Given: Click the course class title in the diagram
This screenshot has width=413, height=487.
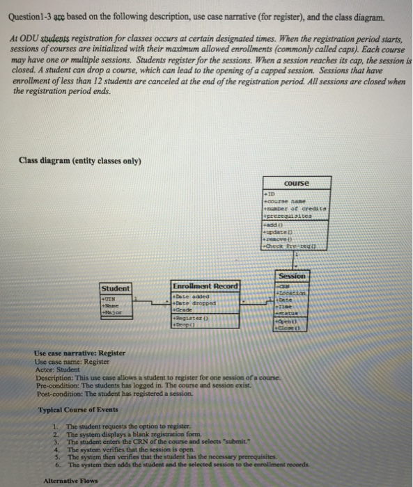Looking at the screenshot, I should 297,183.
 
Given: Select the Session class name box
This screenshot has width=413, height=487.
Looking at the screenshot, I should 292,276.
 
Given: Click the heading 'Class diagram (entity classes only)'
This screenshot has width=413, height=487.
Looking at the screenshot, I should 80,161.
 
